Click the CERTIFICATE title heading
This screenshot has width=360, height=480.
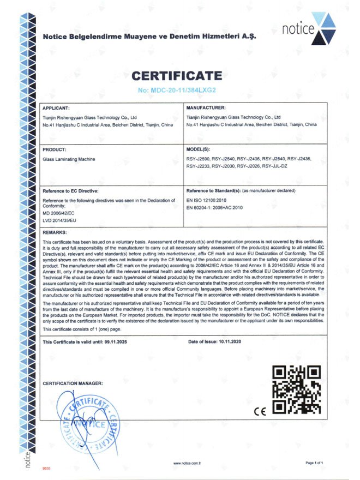[177, 75]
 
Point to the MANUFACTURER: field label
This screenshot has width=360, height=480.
[206, 108]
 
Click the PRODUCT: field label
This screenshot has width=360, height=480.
[55, 149]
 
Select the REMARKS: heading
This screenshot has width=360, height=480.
[55, 232]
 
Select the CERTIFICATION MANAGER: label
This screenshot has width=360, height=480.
[72, 383]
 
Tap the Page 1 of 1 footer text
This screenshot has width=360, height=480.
[315, 463]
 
